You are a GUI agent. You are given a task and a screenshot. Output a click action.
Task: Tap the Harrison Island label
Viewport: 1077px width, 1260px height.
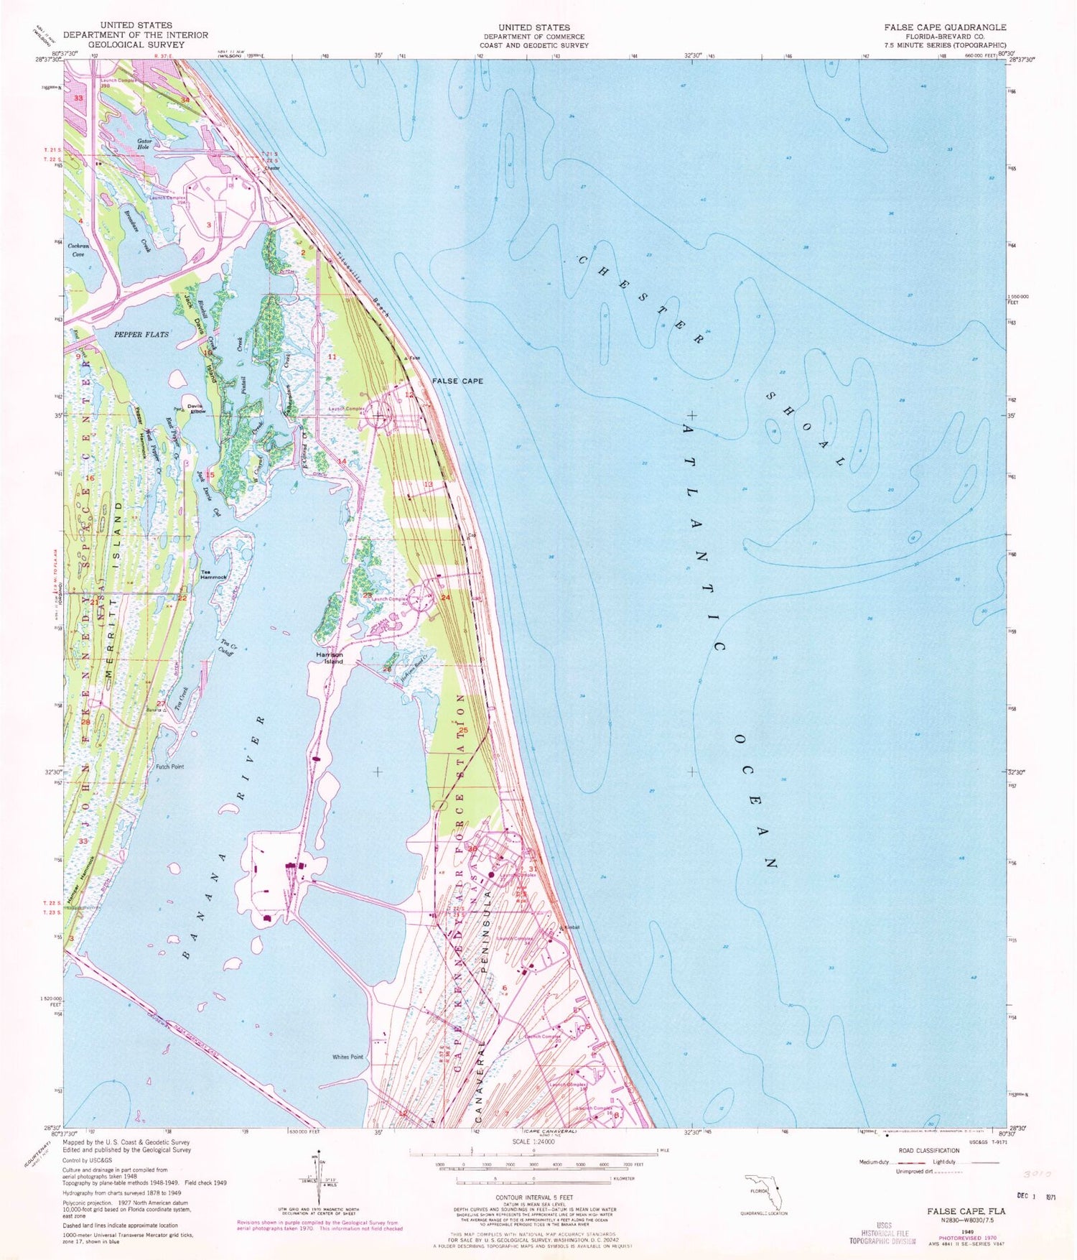[x=330, y=658]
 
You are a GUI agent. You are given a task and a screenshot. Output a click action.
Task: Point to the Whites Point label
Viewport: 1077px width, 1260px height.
[x=348, y=1057]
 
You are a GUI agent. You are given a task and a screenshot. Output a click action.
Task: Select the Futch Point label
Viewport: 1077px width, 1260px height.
[x=170, y=766]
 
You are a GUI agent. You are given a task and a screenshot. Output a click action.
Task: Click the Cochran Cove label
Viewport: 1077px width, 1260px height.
[x=78, y=249]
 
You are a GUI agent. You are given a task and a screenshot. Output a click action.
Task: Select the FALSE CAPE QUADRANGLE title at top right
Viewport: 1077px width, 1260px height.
[x=945, y=27]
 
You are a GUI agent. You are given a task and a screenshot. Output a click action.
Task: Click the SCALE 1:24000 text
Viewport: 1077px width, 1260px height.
[x=528, y=1141]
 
